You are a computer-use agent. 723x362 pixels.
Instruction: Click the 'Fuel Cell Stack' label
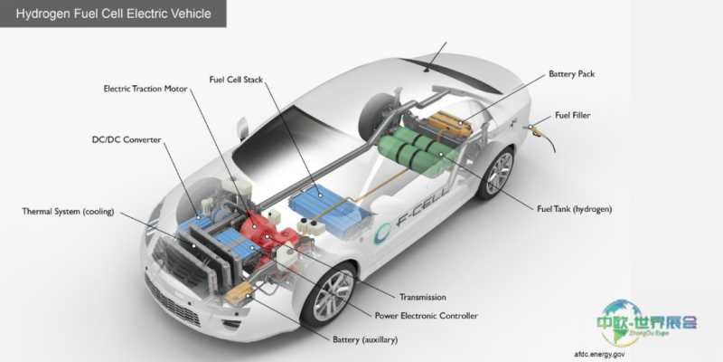click(236, 80)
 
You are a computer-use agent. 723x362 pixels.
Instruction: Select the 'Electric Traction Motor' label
click(146, 89)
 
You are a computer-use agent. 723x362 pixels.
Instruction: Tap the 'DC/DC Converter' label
click(127, 140)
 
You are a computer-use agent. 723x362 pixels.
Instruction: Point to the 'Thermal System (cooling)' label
click(68, 212)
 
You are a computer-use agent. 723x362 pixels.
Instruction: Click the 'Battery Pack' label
click(571, 74)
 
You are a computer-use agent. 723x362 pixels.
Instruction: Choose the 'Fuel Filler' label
click(572, 116)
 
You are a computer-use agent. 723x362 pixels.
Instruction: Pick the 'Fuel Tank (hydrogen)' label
click(574, 209)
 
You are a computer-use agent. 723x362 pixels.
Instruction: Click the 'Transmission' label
click(422, 298)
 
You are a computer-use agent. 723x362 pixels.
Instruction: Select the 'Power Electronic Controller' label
click(426, 316)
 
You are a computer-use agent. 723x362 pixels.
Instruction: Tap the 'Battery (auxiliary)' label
click(365, 340)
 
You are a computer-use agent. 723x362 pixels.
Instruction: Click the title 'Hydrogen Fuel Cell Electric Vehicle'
click(114, 14)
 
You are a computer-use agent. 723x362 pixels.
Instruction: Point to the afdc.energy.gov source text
click(599, 355)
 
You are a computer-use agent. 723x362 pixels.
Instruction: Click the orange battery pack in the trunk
click(450, 124)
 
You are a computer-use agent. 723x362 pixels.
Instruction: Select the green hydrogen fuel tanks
click(418, 152)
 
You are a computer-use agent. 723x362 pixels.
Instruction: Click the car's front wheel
click(329, 292)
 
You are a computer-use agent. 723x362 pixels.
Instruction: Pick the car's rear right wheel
click(495, 173)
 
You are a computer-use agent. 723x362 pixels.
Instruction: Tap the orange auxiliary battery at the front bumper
click(239, 295)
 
